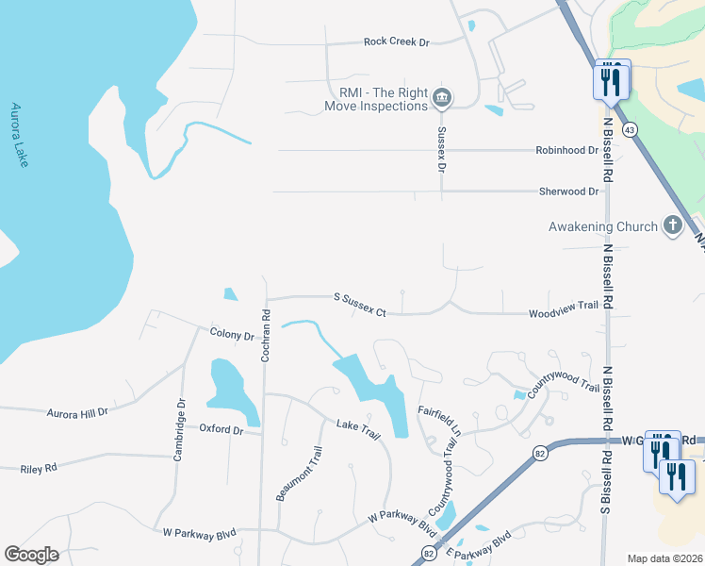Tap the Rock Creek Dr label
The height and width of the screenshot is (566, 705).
click(x=396, y=42)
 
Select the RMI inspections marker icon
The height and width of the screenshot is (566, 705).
click(x=441, y=97)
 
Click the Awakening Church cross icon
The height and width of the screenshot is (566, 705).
click(x=672, y=225)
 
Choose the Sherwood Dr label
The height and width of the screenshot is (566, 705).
click(x=569, y=191)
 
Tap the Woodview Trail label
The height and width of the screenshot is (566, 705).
click(x=564, y=306)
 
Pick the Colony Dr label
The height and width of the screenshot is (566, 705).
click(x=232, y=335)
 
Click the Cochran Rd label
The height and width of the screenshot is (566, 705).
click(x=267, y=335)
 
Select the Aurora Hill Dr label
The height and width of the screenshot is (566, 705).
click(x=78, y=412)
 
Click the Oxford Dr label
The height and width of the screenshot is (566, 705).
click(x=221, y=429)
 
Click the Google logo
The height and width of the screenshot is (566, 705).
click(x=31, y=555)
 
